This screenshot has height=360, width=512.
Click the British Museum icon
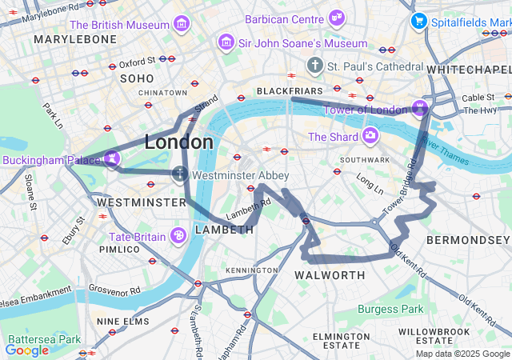pos(182,24)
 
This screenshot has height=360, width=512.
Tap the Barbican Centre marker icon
pos(337,17)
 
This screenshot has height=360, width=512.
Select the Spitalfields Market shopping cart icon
pos(418,21)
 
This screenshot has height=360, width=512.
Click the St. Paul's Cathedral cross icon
pos(315,65)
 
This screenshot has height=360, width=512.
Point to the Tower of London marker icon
pos(420,108)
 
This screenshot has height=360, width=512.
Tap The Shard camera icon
pos(370,136)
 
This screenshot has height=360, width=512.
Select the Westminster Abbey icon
pos(181,174)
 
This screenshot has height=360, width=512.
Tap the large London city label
pos(178,142)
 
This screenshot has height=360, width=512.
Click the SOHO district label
pos(136,78)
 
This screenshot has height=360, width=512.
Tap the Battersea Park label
pos(34,339)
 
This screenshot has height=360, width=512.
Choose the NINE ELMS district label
pos(122,321)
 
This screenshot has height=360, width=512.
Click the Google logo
pos(26,350)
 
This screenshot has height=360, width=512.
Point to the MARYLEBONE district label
pos(74,38)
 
